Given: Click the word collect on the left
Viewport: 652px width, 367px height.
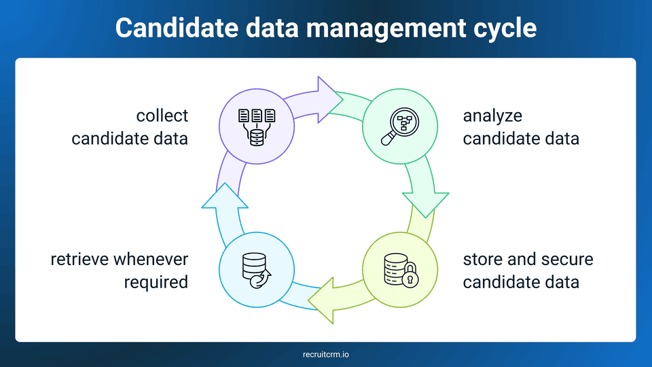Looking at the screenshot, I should pyautogui.click(x=162, y=116).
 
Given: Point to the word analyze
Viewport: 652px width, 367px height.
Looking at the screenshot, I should pyautogui.click(x=492, y=116).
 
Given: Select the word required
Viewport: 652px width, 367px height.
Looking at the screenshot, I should pyautogui.click(x=156, y=281).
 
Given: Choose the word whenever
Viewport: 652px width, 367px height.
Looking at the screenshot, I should pyautogui.click(x=151, y=259).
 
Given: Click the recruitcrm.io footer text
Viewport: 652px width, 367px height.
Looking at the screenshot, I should pyautogui.click(x=326, y=354).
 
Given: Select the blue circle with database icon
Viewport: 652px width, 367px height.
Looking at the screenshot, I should pyautogui.click(x=257, y=269).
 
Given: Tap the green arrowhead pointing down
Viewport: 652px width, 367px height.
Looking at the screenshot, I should pyautogui.click(x=426, y=203).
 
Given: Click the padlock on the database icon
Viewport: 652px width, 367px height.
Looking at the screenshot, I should pyautogui.click(x=410, y=278).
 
